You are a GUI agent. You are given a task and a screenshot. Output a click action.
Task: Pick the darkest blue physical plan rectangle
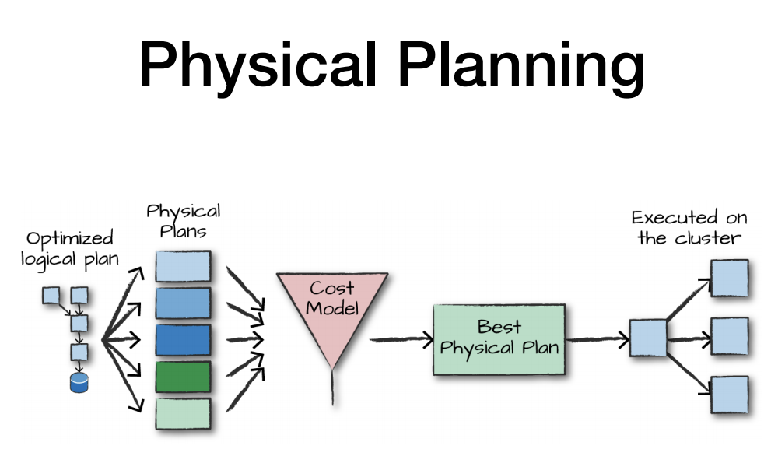(x=183, y=340)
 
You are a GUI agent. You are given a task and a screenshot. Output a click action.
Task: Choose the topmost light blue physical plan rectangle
(x=183, y=266)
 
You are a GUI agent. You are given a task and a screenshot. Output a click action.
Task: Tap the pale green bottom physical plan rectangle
(x=183, y=412)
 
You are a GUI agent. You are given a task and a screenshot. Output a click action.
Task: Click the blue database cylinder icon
(x=79, y=382)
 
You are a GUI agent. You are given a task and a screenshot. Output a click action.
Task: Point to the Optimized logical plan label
(x=70, y=248)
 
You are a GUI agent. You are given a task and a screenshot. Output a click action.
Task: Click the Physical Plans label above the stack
(x=184, y=221)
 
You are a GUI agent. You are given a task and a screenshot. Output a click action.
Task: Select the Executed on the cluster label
(x=685, y=227)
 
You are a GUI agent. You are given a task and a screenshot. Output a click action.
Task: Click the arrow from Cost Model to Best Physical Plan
(x=401, y=339)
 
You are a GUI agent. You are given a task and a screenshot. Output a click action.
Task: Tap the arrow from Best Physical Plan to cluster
(x=598, y=339)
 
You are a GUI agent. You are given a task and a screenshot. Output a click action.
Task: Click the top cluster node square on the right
(x=729, y=279)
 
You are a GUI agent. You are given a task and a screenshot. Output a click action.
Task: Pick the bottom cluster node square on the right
(x=729, y=395)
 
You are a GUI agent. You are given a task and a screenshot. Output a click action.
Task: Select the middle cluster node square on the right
(x=729, y=337)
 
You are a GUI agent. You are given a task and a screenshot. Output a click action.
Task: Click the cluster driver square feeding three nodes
(x=647, y=338)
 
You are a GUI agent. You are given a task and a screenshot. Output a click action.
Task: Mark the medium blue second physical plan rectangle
(x=183, y=303)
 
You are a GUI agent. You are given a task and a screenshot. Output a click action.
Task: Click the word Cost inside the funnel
(x=332, y=289)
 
